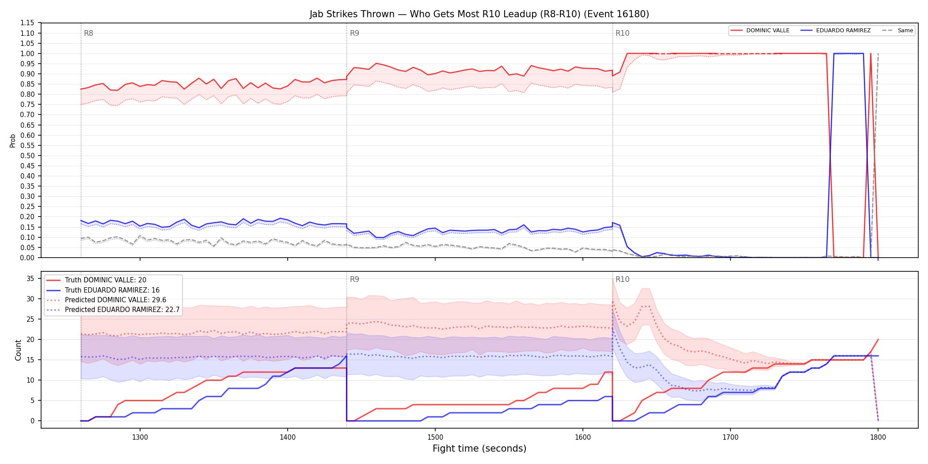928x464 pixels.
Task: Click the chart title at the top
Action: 479,14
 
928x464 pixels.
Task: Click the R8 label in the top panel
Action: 88,33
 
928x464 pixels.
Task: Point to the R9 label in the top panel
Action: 354,33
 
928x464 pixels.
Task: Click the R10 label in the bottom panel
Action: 622,279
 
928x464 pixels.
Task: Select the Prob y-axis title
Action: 12,141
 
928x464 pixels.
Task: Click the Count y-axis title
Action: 18,350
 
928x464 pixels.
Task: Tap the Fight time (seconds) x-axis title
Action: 479,449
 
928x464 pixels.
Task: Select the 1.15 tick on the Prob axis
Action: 27,23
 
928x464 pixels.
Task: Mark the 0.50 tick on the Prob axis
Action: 27,156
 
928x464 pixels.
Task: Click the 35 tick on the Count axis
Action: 30,278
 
